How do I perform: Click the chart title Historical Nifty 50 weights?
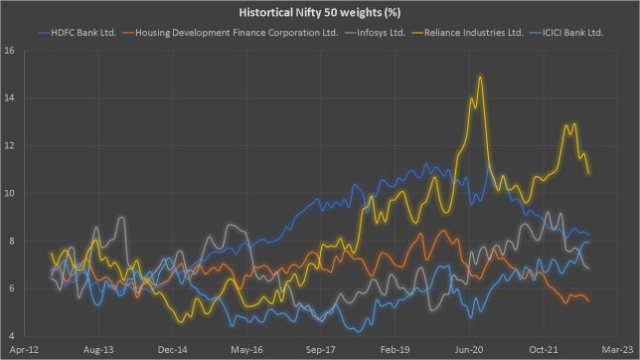point(320,11)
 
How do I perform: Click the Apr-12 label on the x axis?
point(22,350)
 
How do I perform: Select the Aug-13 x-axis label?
point(95,350)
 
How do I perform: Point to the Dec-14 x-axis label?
point(170,350)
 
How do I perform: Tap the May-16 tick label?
point(244,350)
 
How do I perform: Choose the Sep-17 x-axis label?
point(320,350)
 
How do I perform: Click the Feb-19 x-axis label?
point(395,350)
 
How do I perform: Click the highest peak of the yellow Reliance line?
point(481,77)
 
